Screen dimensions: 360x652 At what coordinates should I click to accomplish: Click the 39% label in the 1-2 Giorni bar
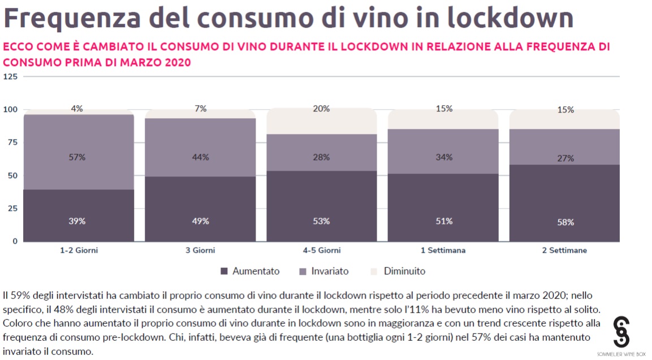pos(78,222)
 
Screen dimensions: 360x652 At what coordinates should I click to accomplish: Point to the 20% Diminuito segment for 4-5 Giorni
pos(321,121)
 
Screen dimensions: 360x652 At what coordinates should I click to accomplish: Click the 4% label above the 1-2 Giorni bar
pos(77,109)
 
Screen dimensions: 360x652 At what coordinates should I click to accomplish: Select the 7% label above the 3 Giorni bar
pos(200,109)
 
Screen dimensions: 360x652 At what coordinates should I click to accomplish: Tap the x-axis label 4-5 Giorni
pos(321,250)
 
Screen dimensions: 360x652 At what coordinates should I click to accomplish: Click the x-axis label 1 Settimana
pos(444,250)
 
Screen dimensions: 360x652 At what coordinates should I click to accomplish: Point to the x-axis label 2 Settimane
pos(565,250)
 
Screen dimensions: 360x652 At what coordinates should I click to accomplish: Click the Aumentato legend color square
pos(224,271)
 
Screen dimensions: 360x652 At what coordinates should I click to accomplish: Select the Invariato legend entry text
pos(330,271)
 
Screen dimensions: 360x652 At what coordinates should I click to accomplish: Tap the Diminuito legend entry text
pos(404,271)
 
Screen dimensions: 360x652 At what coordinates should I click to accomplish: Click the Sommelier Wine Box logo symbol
pos(621,332)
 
